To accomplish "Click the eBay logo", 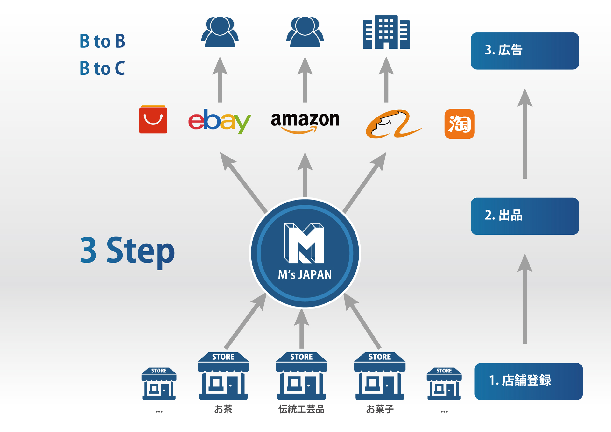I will pos(219,121).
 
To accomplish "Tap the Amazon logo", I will pos(305,122).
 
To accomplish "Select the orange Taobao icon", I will pos(459,124).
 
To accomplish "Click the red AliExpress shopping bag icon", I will pos(153,119).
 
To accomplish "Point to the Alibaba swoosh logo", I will pos(393,124).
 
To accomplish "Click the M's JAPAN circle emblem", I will pos(305,253).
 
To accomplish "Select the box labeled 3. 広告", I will pos(524,51).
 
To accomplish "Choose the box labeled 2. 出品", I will pos(524,216).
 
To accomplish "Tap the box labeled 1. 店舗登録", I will pos(528,381).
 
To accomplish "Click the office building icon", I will pos(386,32).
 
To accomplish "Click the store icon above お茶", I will pos(223,376).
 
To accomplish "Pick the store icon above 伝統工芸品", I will pos(301,376).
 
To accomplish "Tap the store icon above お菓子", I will pos(380,376).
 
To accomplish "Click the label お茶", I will pos(223,409).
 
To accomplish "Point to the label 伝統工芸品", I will pos(301,409).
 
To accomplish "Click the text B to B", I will pos(102,41).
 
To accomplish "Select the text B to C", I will pos(102,68).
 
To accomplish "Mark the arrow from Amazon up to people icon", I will pos(305,80).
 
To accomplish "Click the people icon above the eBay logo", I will pos(220,32).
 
